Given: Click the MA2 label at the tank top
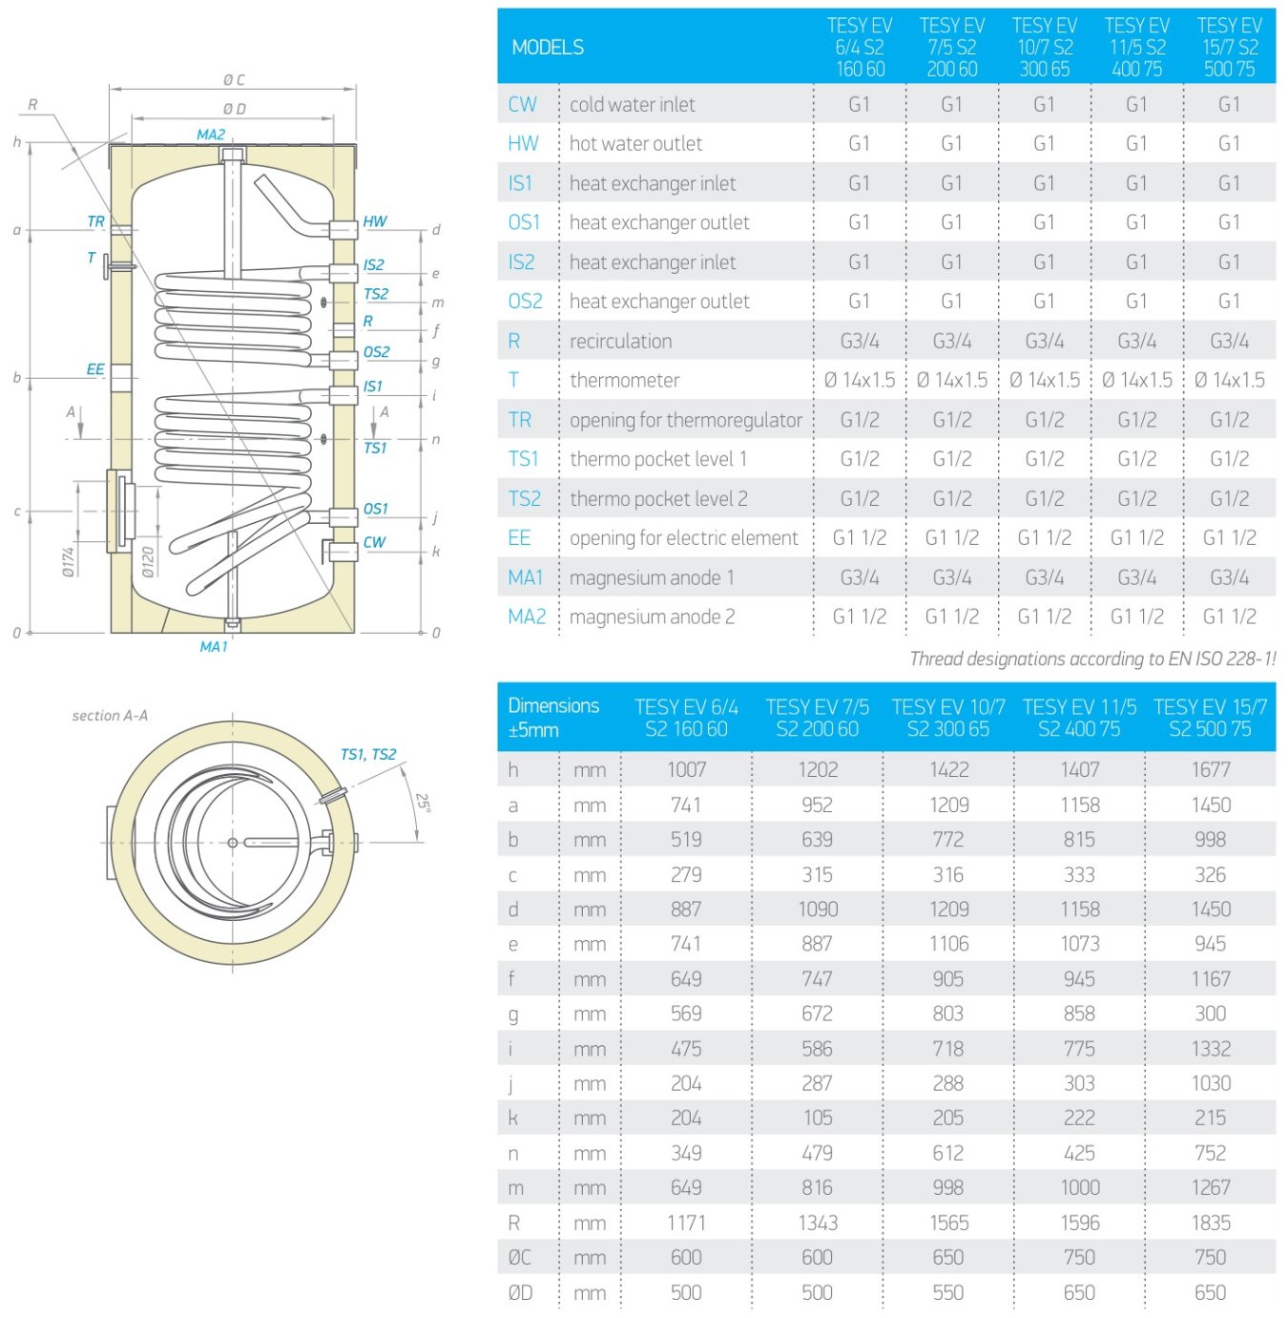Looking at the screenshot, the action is (211, 135).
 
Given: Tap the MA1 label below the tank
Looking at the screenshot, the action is (214, 647).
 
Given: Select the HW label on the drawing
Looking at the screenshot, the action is (375, 221).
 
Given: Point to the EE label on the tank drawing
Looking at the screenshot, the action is (95, 369).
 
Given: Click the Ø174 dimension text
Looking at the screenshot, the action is (69, 561).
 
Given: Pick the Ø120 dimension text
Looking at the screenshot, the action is (148, 561).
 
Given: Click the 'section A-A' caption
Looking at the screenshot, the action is (110, 715).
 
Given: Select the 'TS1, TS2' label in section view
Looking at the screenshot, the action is (367, 755).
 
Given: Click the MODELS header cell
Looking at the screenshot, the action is (548, 48).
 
